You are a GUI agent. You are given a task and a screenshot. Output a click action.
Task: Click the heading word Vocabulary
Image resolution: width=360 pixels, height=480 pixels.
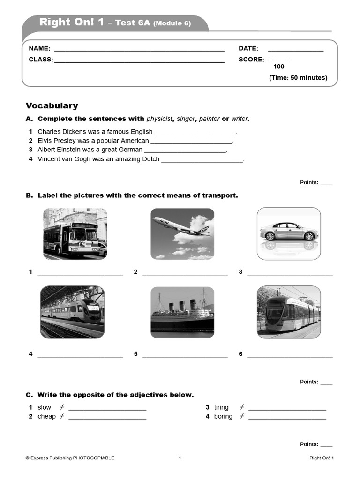(x=52, y=106)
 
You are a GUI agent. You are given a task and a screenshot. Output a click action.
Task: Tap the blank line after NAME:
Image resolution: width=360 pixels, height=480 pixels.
(x=139, y=50)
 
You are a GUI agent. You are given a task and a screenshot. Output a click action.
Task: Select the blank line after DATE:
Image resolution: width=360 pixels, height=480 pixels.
(x=295, y=50)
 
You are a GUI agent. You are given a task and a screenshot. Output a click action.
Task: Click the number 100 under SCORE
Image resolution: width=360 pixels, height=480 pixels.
(x=278, y=67)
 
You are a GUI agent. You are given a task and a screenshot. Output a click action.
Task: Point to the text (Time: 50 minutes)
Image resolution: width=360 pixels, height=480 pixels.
(x=298, y=78)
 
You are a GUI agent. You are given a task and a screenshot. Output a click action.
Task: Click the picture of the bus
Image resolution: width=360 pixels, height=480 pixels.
(x=75, y=233)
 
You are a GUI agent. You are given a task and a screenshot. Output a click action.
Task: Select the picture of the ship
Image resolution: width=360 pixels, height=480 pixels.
(x=182, y=312)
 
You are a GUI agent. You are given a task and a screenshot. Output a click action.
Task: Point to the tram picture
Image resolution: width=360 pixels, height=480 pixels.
(x=289, y=312)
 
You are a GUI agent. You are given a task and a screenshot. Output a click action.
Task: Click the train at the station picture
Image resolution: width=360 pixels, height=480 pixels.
(x=72, y=312)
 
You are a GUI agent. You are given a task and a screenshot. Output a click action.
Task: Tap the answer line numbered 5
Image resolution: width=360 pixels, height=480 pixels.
(x=185, y=356)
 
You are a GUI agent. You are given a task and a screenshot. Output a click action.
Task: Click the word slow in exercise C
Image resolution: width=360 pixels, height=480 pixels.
(x=45, y=407)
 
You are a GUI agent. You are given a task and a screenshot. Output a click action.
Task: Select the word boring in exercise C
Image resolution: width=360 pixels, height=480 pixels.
(x=223, y=416)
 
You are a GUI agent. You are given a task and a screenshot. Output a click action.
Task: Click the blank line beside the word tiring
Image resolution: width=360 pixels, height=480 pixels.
(x=287, y=409)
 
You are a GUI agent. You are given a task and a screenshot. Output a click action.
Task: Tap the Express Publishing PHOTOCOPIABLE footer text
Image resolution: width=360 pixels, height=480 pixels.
(x=70, y=458)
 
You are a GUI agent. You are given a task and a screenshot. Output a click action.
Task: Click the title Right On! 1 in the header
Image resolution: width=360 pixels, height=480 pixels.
(x=72, y=22)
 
